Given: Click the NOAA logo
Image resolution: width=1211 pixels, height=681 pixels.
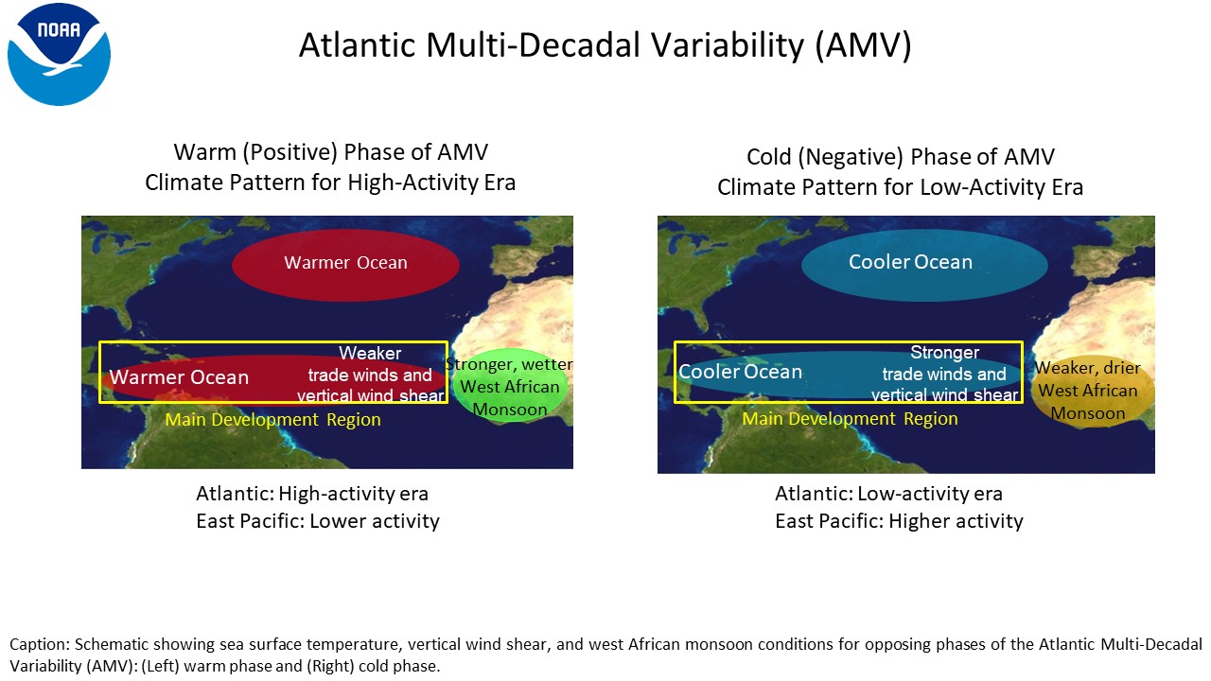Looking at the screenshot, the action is [x=59, y=55].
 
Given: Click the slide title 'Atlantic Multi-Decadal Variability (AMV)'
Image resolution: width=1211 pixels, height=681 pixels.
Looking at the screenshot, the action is [x=605, y=45].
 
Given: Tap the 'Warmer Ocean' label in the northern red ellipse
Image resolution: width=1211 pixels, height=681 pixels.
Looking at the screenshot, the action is [x=345, y=263].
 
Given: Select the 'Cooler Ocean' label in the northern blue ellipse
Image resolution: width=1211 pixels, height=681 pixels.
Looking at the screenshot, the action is [x=910, y=262].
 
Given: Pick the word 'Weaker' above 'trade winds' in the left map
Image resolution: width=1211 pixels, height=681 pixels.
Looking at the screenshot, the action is [x=370, y=354].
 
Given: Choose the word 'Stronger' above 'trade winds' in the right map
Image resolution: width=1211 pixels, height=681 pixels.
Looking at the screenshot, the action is [x=944, y=353].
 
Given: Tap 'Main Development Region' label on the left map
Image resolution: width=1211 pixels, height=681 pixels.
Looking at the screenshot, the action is [x=272, y=420].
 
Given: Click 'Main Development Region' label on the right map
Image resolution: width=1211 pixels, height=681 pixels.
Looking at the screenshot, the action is [x=850, y=419].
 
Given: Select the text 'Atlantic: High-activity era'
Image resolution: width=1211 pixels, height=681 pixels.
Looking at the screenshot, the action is [x=312, y=494].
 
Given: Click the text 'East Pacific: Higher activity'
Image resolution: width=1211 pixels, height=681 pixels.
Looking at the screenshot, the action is [x=899, y=521].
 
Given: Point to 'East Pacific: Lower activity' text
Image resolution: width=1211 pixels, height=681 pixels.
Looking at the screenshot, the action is [x=317, y=521].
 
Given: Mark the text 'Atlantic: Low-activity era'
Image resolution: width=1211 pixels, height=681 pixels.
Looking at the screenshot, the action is [x=888, y=494].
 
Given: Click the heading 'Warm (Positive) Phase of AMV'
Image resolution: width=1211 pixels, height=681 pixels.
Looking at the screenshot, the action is [x=331, y=152].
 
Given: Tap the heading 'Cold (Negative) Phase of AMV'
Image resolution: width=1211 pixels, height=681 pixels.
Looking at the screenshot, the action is [x=900, y=157].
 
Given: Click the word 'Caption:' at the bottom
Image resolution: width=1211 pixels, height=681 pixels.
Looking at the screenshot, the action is [x=40, y=645].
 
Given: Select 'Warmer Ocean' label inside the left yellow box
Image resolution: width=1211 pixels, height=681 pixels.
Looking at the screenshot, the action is [x=179, y=377].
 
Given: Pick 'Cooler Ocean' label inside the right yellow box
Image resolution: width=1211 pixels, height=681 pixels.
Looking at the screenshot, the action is [x=740, y=372].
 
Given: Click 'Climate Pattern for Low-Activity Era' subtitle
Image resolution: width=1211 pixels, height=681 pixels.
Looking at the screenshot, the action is [x=900, y=188].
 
